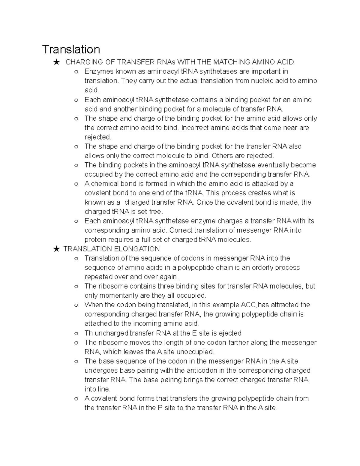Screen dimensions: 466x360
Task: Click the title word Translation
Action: click(x=71, y=50)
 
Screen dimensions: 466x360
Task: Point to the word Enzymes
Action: click(x=99, y=71)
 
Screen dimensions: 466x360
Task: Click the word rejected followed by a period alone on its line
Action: click(x=98, y=137)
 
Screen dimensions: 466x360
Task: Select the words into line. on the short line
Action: click(x=97, y=389)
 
